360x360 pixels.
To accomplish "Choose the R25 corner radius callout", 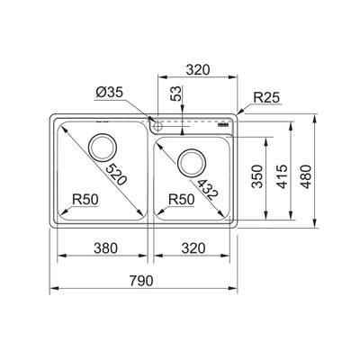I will (x=268, y=95).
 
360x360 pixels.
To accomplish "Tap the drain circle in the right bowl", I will (x=191, y=163).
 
